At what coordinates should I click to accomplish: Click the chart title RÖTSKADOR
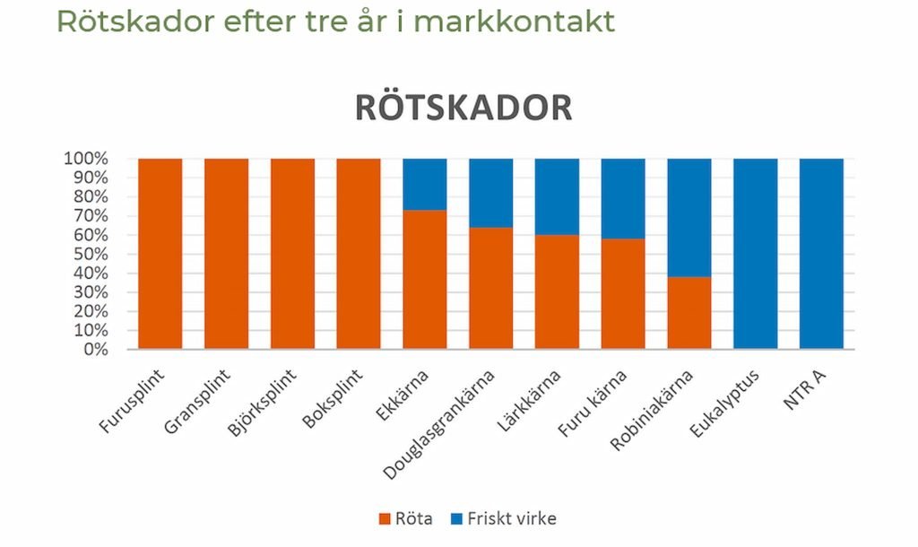tap(463, 107)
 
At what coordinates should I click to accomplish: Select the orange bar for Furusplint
tap(160, 254)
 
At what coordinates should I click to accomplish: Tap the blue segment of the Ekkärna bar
tap(425, 184)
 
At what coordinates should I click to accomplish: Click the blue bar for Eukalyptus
tap(756, 254)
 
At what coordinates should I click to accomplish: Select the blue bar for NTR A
tap(822, 254)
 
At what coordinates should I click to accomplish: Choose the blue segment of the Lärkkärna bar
tap(558, 196)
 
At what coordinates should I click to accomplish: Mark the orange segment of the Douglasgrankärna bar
tap(491, 287)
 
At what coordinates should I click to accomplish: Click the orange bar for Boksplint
tap(359, 254)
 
